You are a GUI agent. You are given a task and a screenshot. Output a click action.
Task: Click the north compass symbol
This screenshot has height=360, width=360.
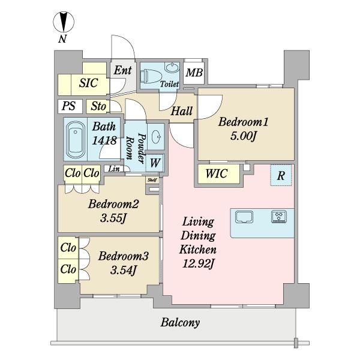(62, 23)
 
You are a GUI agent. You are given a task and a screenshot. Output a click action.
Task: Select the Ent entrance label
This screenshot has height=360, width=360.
(123, 70)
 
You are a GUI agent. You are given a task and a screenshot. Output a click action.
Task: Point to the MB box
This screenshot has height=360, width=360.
(193, 74)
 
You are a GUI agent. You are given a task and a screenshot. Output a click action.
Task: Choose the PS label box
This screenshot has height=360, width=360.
(68, 107)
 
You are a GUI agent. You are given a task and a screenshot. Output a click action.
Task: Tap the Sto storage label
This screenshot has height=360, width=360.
(98, 107)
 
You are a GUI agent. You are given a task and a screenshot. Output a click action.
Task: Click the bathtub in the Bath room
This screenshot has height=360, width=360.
(76, 139)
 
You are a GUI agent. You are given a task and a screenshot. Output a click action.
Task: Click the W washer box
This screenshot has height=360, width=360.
(155, 161)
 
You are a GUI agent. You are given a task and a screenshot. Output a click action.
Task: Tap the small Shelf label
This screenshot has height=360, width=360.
(152, 178)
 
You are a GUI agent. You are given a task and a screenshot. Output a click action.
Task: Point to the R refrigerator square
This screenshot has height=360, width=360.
(280, 176)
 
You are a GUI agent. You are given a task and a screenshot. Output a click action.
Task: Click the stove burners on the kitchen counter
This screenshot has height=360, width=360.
(280, 216)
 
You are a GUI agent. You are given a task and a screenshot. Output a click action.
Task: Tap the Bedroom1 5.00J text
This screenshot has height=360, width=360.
(242, 128)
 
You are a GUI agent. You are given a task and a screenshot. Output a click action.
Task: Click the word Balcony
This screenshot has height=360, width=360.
(180, 323)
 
